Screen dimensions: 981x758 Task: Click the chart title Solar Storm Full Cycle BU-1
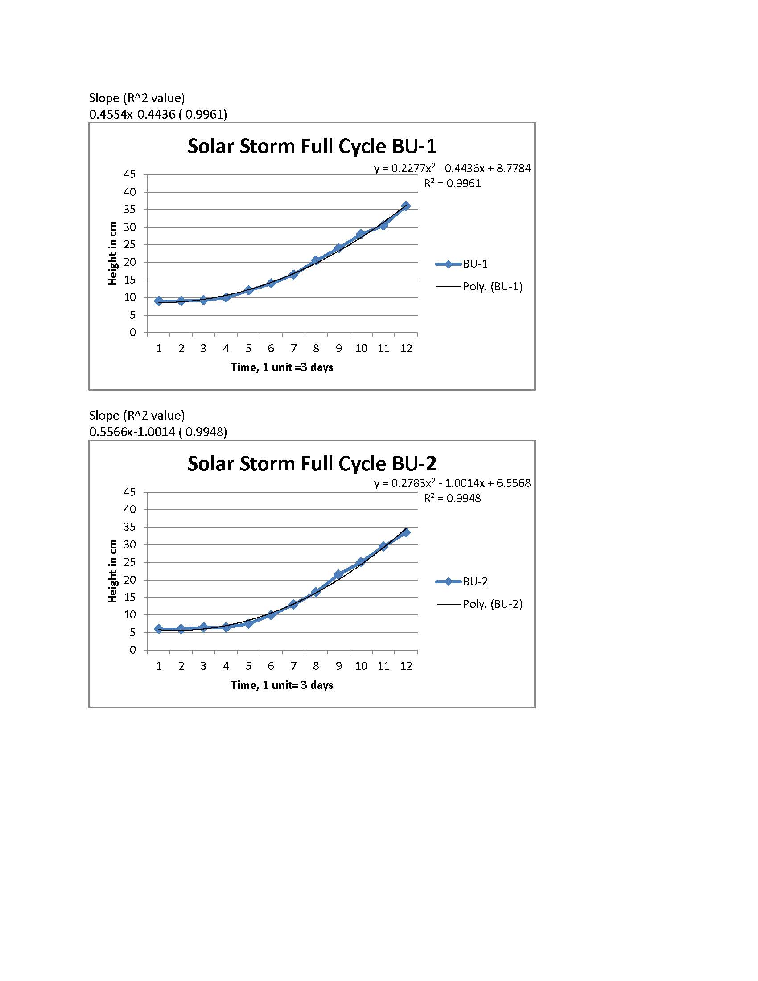pos(312,146)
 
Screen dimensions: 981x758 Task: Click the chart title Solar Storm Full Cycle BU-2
pos(312,464)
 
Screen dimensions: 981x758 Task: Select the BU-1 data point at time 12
pos(406,206)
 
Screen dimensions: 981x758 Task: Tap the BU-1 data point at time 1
pos(159,301)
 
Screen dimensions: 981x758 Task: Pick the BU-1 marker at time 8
pos(316,260)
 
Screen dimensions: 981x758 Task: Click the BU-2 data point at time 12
pos(406,532)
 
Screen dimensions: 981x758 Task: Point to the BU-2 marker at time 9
pos(338,574)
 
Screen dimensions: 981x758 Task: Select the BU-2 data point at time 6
pos(271,615)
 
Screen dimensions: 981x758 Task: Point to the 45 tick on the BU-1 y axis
pos(129,174)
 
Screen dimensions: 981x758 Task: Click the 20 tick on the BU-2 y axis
pos(129,580)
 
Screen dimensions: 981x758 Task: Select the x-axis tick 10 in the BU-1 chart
pos(361,349)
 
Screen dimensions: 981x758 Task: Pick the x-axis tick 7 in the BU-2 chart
pos(293,666)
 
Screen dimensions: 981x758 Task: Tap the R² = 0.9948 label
pos(452,498)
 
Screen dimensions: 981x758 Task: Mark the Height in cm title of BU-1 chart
pos(113,253)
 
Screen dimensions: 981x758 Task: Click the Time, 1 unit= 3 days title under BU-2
pos(282,685)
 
